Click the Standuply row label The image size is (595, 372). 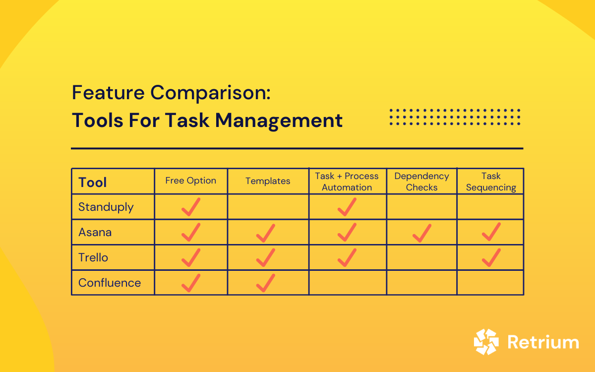[x=106, y=207]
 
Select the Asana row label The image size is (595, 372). [x=95, y=232]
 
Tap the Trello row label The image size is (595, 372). [x=93, y=257]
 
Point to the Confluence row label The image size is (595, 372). [x=110, y=283]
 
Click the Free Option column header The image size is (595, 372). [x=191, y=181]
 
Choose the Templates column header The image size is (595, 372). [x=268, y=181]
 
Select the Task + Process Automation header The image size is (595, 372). [x=347, y=182]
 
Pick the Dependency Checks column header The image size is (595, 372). [x=421, y=182]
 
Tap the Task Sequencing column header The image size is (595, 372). [x=490, y=182]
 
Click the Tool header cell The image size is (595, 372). [x=93, y=182]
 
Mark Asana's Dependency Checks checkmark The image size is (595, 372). [x=421, y=233]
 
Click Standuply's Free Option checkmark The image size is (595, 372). [x=191, y=207]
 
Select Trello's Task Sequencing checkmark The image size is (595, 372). [x=491, y=257]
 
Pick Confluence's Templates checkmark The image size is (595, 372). [x=266, y=283]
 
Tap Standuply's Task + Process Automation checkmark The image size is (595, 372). [x=347, y=207]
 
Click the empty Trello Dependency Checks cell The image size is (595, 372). [x=421, y=257]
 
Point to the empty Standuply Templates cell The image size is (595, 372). [x=268, y=207]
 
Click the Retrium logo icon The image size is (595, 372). [x=486, y=342]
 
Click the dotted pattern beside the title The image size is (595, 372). [x=455, y=117]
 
